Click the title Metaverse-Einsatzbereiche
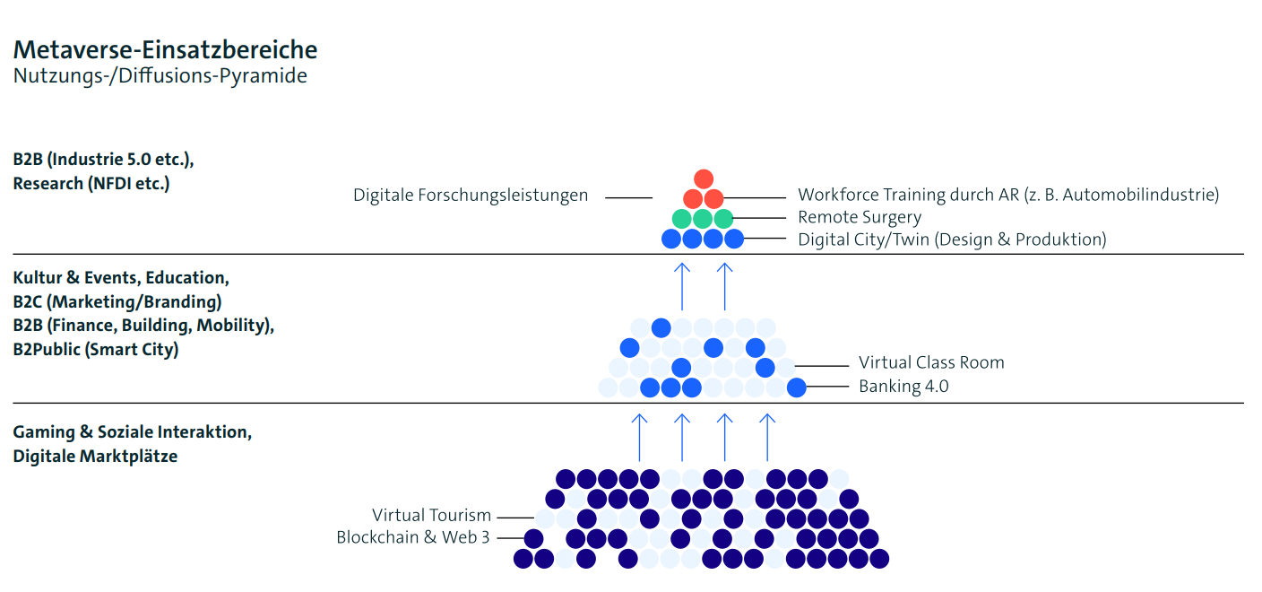tap(165, 49)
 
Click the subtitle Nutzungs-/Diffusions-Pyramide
tap(160, 76)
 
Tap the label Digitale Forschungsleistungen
tap(471, 196)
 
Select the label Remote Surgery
tap(860, 218)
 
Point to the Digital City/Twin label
tap(952, 239)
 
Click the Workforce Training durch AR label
tap(1008, 195)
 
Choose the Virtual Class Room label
tap(931, 363)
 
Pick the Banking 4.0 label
tap(903, 387)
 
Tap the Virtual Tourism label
tap(432, 516)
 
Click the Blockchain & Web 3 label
tap(413, 538)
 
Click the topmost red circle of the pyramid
tap(704, 178)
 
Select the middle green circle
tap(703, 218)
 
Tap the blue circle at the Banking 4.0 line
tap(796, 387)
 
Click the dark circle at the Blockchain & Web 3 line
tap(533, 539)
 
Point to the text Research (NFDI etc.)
tap(91, 184)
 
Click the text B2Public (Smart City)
tap(96, 350)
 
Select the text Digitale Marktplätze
tap(95, 457)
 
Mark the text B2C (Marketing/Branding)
tap(117, 302)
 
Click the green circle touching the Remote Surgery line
tap(723, 218)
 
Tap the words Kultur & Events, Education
tap(121, 278)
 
